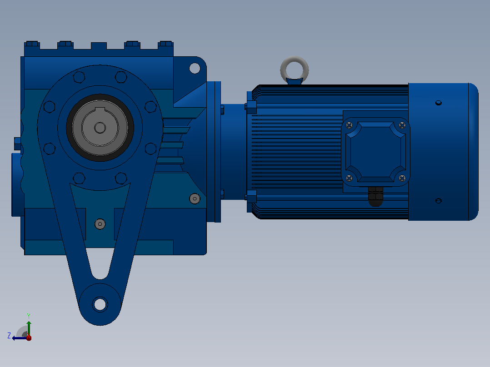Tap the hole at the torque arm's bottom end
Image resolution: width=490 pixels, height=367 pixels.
point(100,304)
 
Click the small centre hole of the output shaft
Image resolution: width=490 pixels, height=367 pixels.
point(100,128)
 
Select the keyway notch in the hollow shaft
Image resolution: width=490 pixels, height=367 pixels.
point(100,109)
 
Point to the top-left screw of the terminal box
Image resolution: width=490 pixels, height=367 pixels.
point(349,125)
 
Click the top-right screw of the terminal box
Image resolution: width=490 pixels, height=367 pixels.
point(402,125)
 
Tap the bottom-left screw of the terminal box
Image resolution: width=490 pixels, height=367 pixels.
point(349,178)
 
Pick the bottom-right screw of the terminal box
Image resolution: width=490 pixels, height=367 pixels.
point(402,178)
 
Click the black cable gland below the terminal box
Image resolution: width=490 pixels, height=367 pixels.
point(375,197)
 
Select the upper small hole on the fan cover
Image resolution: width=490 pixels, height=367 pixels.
point(439,103)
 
